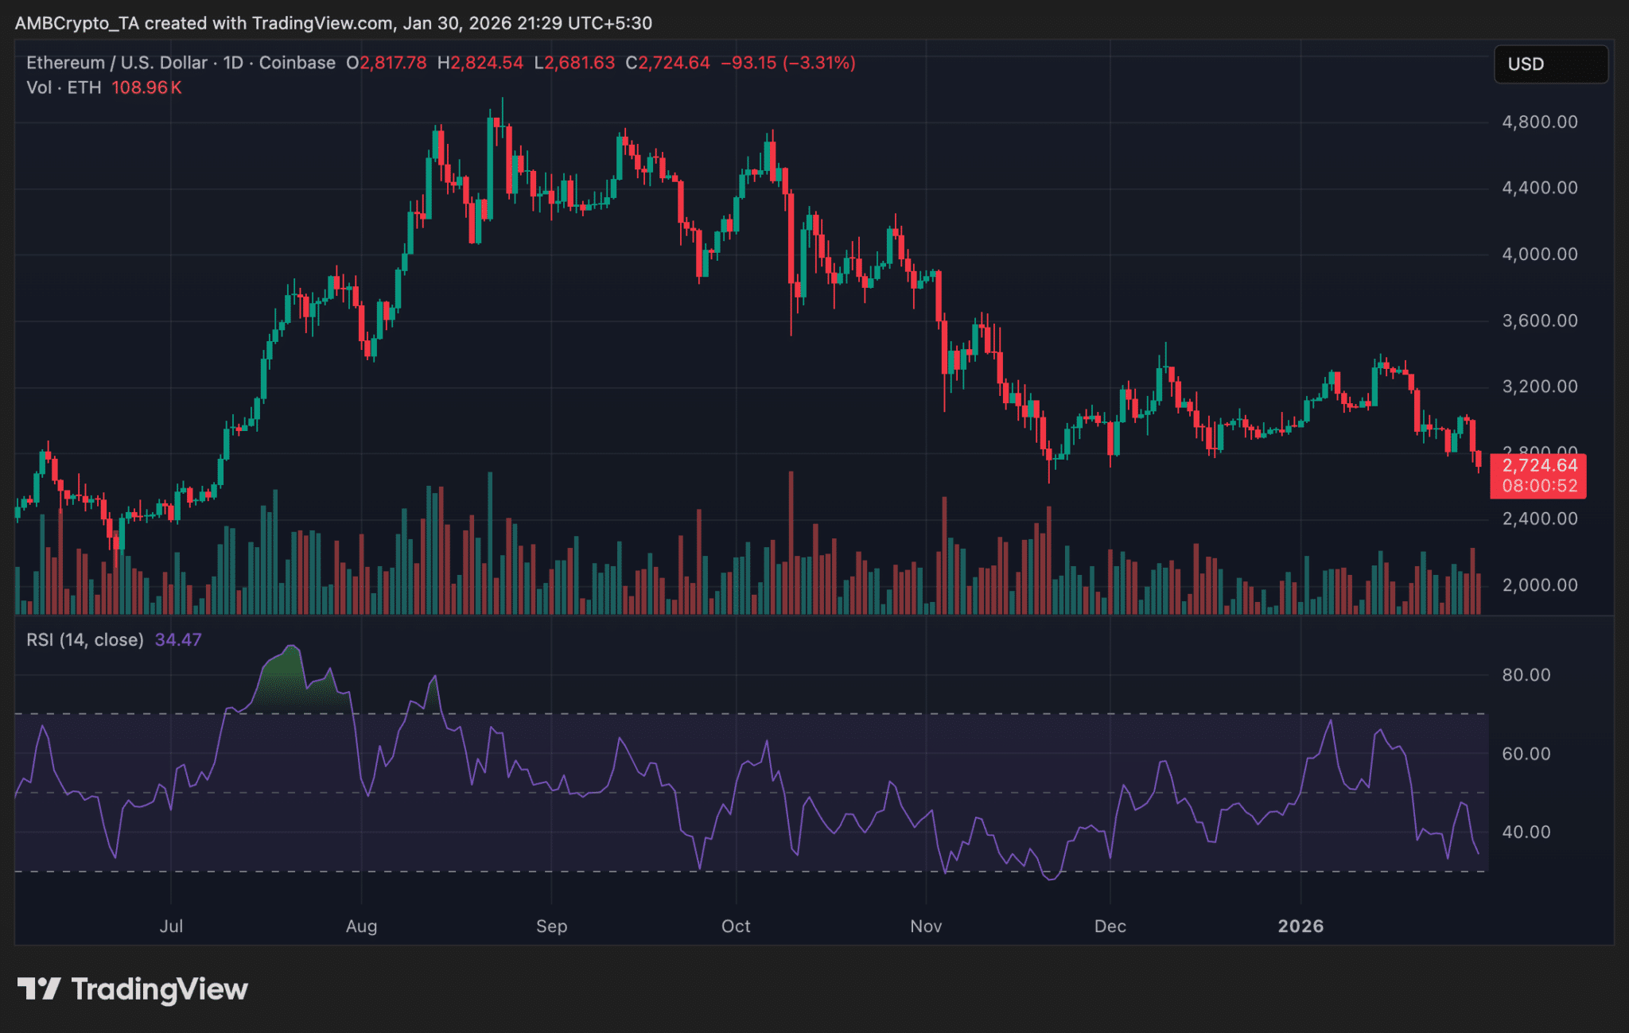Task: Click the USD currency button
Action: pos(1550,64)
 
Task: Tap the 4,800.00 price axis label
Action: pos(1539,122)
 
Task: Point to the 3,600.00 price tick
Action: pos(1539,321)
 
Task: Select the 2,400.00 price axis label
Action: pos(1539,519)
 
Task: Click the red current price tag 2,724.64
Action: pos(1538,467)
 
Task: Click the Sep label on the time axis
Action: pos(551,926)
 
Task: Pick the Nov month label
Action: pos(926,926)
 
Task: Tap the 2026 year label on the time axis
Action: pos(1300,926)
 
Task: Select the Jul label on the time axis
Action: pos(171,926)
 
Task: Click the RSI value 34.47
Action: pos(178,640)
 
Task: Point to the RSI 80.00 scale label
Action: pos(1526,675)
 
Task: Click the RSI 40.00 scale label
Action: pos(1526,833)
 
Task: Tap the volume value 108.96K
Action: pos(146,88)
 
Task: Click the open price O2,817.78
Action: pos(387,63)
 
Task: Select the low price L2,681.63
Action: pos(574,63)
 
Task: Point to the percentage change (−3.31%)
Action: pos(819,63)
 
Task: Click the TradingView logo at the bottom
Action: pos(133,989)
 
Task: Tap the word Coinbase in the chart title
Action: pos(297,63)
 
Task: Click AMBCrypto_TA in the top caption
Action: pos(76,23)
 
